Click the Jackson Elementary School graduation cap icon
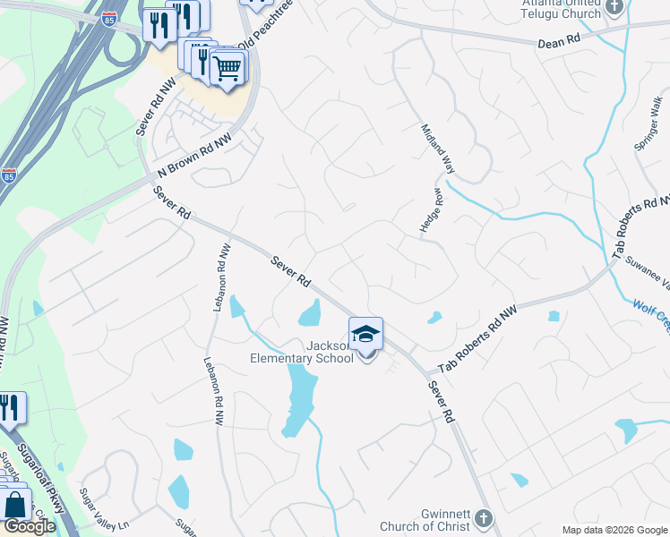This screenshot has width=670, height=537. click(366, 335)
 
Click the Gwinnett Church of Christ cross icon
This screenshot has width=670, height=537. click(483, 518)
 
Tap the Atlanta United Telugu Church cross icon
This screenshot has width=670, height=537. click(614, 8)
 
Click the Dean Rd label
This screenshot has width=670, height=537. click(560, 42)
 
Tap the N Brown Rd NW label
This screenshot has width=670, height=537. click(193, 155)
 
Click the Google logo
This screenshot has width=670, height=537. click(29, 526)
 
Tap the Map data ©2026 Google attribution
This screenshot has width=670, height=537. click(614, 530)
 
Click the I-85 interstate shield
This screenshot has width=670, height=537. click(9, 176)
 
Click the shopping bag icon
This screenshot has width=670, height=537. click(15, 506)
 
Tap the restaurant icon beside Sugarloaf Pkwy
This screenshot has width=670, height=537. click(10, 408)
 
